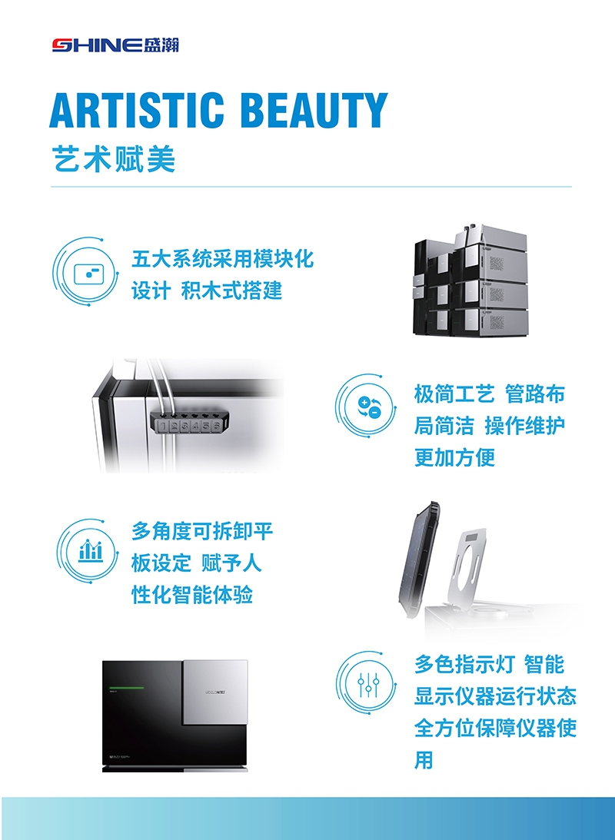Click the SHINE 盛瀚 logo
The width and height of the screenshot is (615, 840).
[x=115, y=45]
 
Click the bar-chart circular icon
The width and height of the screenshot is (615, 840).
[x=90, y=550]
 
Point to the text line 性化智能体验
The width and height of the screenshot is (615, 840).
[x=192, y=595]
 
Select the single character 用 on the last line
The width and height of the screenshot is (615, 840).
[x=424, y=761]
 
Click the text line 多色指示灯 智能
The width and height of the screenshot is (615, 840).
[x=489, y=664]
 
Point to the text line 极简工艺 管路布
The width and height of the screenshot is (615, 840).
[x=489, y=394]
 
